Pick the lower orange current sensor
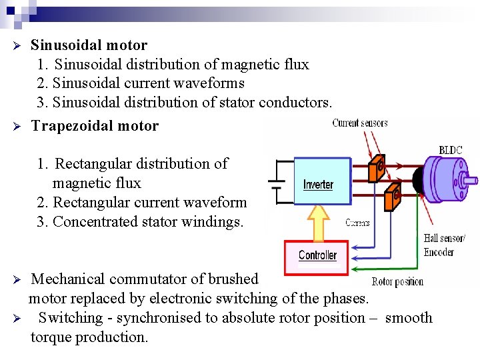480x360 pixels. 393,197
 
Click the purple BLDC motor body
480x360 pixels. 449,177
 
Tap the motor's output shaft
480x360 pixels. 471,179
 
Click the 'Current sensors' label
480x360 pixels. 360,123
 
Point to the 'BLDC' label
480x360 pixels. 450,151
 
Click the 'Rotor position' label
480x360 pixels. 397,281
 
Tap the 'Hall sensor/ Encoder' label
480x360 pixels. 445,245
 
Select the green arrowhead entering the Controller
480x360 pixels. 355,268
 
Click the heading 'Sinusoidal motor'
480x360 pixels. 89,45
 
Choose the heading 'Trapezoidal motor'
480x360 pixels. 95,126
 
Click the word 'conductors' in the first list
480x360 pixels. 294,103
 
